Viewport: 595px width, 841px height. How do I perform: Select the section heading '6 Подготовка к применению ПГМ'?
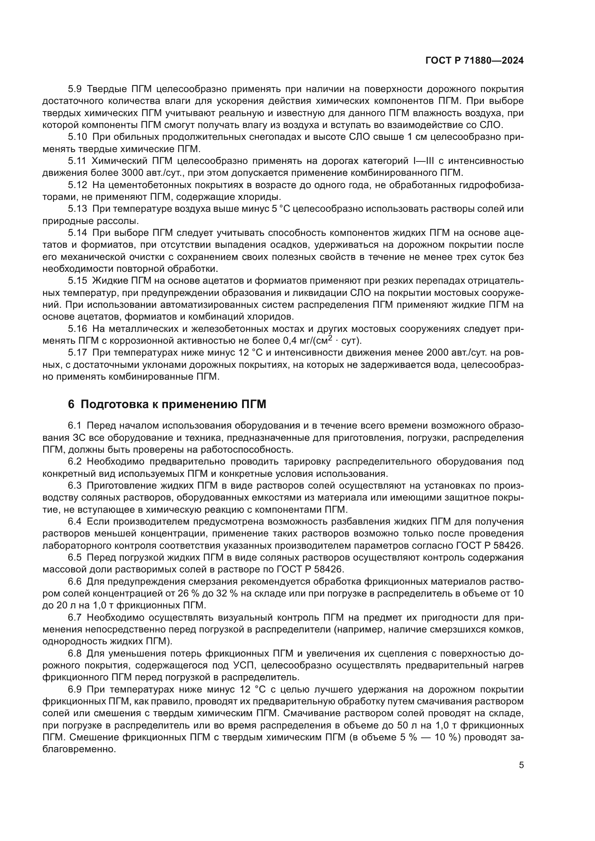(167, 404)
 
